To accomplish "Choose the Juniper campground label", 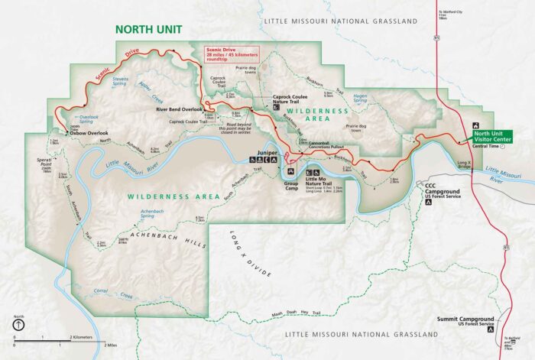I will click(x=267, y=152).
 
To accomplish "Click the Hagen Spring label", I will click(x=359, y=98).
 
